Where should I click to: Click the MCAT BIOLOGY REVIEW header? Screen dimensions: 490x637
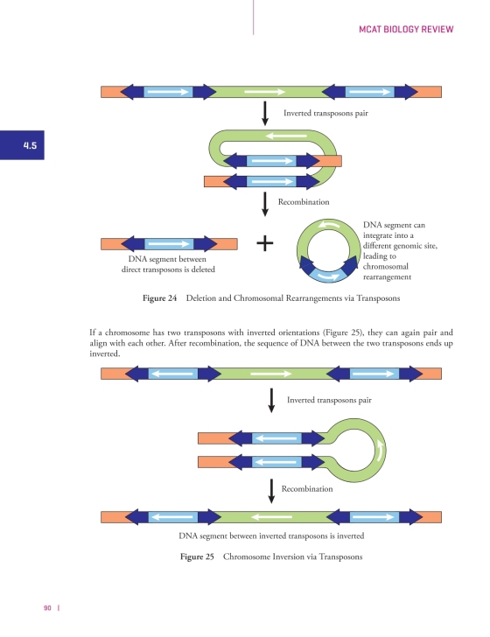coord(406,29)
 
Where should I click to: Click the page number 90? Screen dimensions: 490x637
coord(47,608)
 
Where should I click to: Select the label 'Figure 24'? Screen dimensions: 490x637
coord(159,298)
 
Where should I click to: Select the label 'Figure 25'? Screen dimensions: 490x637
coord(197,556)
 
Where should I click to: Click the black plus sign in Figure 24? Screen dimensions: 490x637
coord(265,243)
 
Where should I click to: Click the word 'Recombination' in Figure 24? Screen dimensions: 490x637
coord(304,202)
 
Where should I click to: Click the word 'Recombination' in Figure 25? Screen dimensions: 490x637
coord(307,489)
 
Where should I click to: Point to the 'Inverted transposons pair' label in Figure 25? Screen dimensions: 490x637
coord(329,400)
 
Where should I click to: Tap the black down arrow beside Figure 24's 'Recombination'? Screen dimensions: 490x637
coord(265,205)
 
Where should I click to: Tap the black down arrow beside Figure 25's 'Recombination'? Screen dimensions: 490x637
coord(271,491)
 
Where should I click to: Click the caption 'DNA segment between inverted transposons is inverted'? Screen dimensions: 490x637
coord(271,535)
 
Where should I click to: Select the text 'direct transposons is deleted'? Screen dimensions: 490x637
coord(168,269)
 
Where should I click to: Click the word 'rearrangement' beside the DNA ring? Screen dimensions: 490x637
coord(388,277)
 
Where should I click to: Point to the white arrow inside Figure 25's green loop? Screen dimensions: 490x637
coord(381,451)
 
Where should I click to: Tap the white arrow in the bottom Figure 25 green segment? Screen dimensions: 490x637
coord(272,517)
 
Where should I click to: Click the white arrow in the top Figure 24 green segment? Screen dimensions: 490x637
coord(264,92)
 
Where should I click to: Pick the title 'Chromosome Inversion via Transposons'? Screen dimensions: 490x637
coord(292,556)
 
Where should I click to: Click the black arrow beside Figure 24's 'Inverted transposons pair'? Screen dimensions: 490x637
coord(265,114)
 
